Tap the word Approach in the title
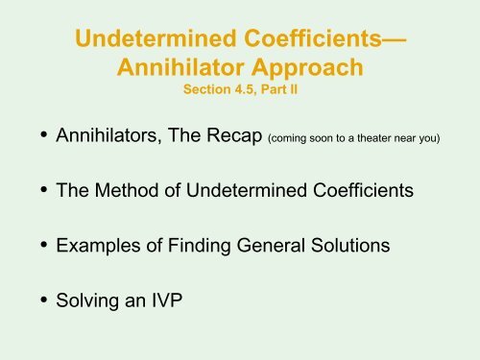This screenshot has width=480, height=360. pos(307,68)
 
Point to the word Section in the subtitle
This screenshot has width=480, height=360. pos(207,89)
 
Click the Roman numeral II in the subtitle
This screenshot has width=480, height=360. pos(294,89)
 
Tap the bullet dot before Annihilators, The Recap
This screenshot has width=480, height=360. pos(44,134)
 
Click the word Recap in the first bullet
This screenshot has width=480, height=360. pos(234,135)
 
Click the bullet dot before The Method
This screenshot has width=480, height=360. pos(44,189)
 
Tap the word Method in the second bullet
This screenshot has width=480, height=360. pos(127,190)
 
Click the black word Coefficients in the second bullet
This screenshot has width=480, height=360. pos(363,190)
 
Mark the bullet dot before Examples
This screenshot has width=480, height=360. pos(44,245)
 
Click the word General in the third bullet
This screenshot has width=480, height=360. pos(271,246)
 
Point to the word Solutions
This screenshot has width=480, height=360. pos(350,246)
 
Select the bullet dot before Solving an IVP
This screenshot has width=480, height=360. pos(44,300)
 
